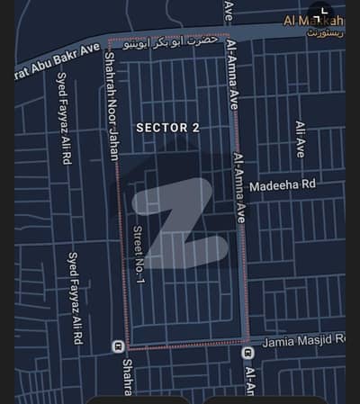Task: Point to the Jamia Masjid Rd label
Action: tap(303, 340)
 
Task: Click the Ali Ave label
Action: tap(300, 139)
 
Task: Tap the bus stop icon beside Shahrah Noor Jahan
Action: tap(117, 346)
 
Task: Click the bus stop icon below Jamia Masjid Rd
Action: tap(247, 353)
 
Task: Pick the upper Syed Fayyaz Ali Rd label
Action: tap(66, 127)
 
